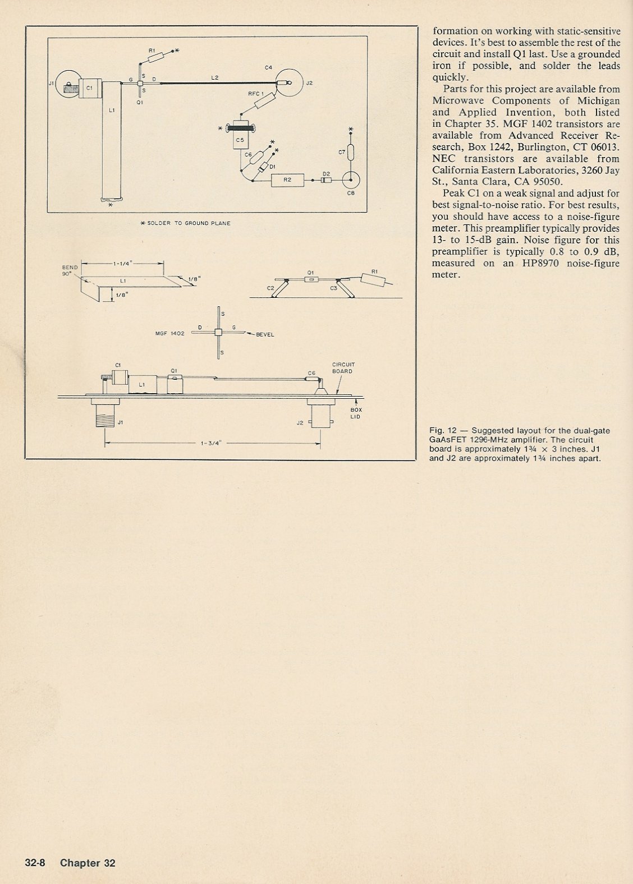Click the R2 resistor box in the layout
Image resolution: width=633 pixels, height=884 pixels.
(287, 180)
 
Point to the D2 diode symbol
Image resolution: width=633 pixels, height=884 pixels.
(326, 181)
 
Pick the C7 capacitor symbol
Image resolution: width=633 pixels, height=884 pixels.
(351, 152)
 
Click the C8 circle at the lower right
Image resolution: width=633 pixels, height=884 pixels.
(352, 181)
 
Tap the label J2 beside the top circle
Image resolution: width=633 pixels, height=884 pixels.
(308, 83)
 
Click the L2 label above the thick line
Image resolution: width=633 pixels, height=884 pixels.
(215, 78)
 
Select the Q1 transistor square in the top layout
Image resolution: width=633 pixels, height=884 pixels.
(140, 84)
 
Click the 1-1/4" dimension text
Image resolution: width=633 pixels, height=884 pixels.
(122, 263)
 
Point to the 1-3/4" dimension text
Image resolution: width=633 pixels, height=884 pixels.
(212, 443)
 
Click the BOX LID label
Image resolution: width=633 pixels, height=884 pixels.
(356, 413)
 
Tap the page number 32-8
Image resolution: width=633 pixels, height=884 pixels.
(35, 863)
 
